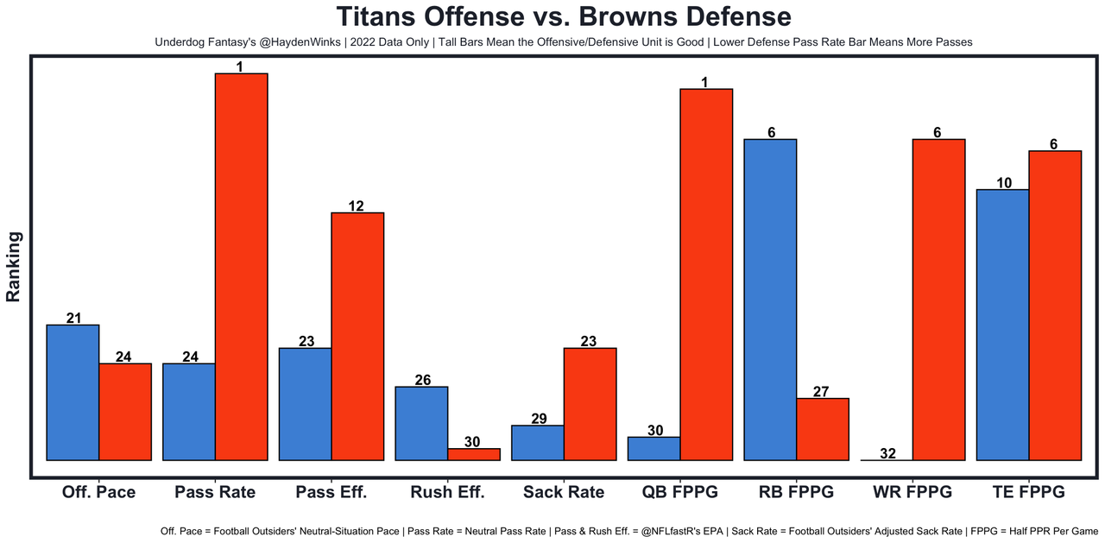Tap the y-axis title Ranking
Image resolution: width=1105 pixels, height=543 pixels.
[x=14, y=267]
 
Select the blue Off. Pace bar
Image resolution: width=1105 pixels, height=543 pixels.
[x=73, y=393]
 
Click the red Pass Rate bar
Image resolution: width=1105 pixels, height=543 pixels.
[x=241, y=267]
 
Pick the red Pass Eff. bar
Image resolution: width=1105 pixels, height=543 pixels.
[x=357, y=337]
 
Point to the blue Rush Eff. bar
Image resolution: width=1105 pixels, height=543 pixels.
[x=421, y=423]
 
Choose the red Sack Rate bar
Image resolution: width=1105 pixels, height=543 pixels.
[x=590, y=404]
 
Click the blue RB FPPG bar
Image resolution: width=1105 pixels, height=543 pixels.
[x=770, y=300]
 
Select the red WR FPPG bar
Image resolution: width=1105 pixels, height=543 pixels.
[x=938, y=300]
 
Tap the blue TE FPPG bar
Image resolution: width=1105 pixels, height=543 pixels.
[x=1002, y=325]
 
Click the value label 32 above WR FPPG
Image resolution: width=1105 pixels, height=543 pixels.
[x=887, y=453]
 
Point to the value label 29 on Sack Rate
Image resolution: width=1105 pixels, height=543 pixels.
[x=538, y=419]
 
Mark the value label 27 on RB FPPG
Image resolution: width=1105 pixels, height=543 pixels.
[x=822, y=392]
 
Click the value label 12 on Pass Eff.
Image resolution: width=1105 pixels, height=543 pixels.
[x=357, y=206]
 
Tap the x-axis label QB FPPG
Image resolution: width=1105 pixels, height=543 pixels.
[x=679, y=492]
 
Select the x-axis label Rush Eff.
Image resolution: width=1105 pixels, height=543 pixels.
[x=447, y=492]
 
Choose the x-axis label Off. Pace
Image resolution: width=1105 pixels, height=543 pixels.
[x=98, y=492]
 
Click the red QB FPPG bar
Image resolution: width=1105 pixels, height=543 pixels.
[x=706, y=275]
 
